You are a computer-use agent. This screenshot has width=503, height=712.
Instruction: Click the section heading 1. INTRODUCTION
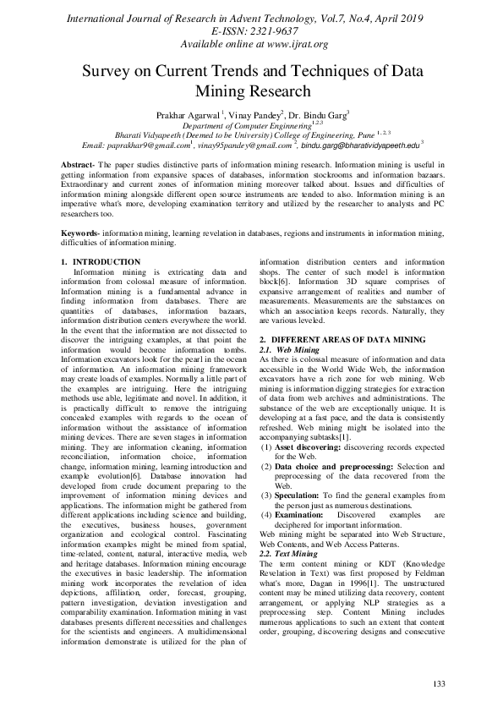[101, 262]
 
